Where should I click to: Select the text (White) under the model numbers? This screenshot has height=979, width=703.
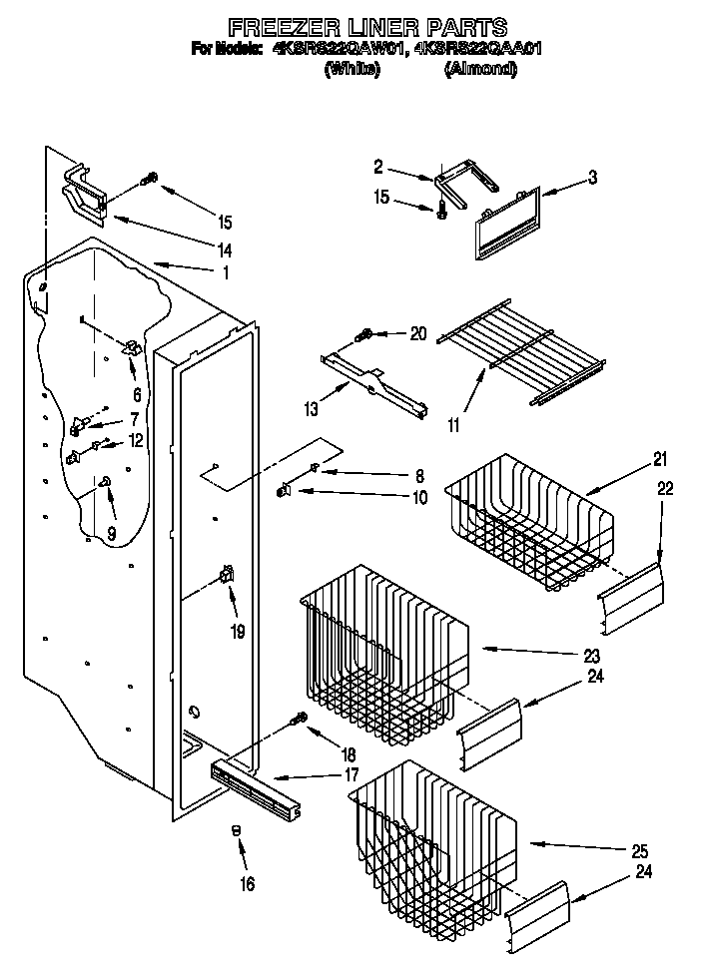351,69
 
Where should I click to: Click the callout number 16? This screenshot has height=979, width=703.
247,883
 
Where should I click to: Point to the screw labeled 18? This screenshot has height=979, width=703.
297,720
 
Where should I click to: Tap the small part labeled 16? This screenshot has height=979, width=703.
237,830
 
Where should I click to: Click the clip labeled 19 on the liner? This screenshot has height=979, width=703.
228,575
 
